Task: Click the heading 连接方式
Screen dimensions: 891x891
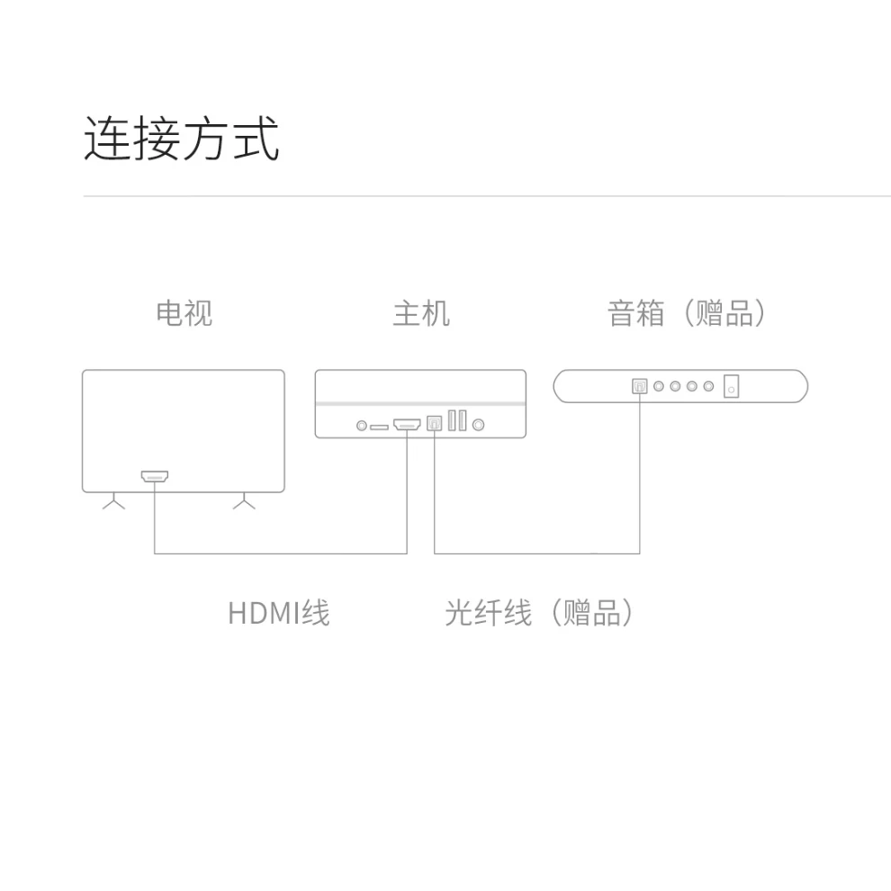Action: click(182, 139)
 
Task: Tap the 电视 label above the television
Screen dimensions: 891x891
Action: click(184, 313)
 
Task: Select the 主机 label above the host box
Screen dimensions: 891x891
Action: click(420, 313)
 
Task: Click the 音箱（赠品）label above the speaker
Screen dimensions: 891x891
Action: click(688, 313)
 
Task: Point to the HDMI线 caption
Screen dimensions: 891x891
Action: click(279, 613)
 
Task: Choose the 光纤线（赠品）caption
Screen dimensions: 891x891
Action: click(540, 613)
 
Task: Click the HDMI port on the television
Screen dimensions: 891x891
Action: click(155, 476)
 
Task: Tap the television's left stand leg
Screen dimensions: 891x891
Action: click(113, 502)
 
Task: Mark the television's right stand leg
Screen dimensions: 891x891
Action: click(244, 502)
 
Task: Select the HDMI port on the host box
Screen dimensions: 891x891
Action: click(408, 423)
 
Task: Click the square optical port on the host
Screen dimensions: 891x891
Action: click(434, 423)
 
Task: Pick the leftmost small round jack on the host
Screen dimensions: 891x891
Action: click(362, 425)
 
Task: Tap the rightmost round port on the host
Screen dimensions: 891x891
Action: click(478, 424)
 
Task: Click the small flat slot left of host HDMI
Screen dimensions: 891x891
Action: click(379, 425)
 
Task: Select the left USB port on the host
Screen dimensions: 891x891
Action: click(452, 421)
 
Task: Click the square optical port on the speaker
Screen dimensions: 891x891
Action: click(640, 386)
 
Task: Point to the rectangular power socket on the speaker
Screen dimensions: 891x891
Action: click(732, 386)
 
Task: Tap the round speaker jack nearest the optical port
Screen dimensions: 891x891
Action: click(660, 386)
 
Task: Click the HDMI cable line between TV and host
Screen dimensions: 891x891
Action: click(279, 553)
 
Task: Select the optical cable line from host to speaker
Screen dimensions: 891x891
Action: click(536, 553)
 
